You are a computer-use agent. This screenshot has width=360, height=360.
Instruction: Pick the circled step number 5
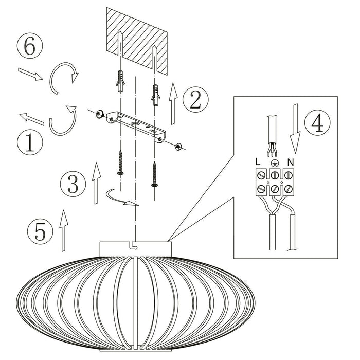[40, 232]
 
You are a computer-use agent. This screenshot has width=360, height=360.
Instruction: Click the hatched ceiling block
[136, 39]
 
